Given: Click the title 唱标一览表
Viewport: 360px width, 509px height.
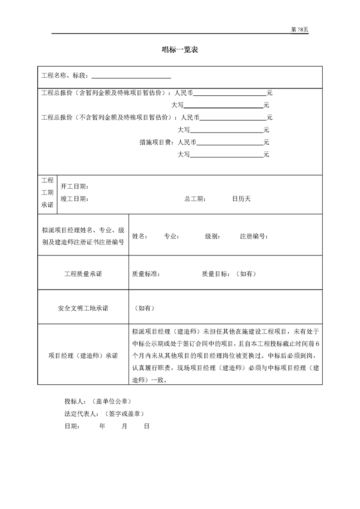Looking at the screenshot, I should (x=180, y=50).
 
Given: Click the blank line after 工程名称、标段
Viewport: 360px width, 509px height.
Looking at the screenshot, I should (x=131, y=77).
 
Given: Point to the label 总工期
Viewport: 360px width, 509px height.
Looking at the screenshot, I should (x=195, y=199).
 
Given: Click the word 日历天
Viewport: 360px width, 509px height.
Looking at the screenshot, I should (x=241, y=199).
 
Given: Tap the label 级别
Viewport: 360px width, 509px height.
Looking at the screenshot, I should (x=213, y=236).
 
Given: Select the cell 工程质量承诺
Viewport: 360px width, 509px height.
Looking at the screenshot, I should (x=83, y=274).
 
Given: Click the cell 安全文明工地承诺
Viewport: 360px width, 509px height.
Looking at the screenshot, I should (x=83, y=308).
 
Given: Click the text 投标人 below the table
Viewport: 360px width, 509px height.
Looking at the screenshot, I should (x=74, y=401).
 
